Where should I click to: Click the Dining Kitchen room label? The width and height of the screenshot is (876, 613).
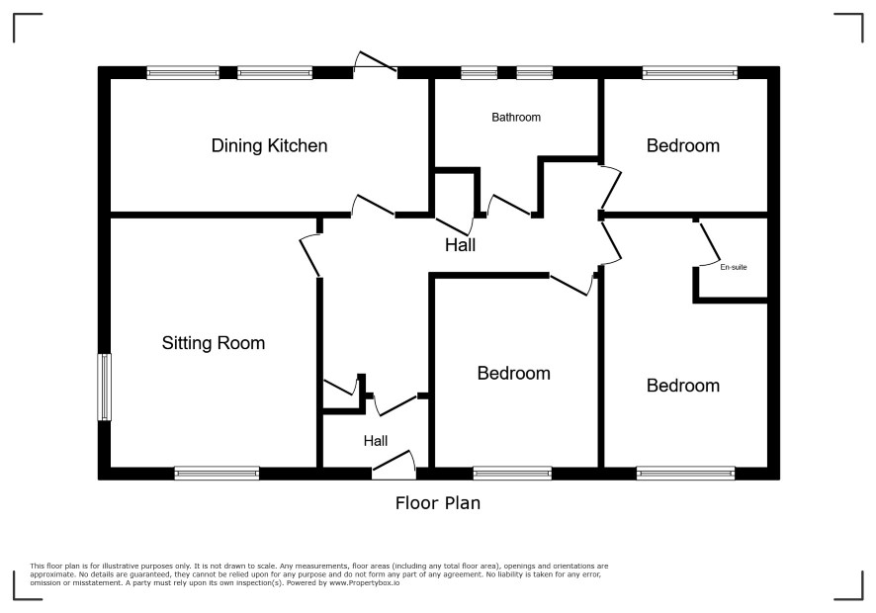click(269, 146)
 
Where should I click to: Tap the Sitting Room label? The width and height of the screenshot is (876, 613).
click(214, 342)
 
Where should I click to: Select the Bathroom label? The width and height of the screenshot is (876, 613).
click(516, 118)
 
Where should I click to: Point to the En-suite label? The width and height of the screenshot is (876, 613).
click(734, 267)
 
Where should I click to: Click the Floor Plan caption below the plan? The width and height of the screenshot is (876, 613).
click(438, 503)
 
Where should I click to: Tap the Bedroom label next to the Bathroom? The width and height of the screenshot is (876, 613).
click(682, 146)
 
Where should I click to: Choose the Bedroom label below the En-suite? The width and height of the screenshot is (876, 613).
click(682, 386)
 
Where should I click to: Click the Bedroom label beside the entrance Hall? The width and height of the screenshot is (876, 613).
click(513, 374)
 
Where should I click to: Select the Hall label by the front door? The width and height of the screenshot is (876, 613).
click(376, 441)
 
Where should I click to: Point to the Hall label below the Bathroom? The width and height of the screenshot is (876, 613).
click(461, 245)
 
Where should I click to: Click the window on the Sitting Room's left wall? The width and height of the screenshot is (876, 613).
click(105, 387)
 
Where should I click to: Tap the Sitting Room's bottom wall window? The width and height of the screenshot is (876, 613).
click(217, 474)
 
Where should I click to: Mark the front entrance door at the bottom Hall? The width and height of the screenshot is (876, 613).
click(394, 465)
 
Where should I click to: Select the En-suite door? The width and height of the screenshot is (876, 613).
click(709, 243)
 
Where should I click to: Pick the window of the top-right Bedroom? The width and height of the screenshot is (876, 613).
click(690, 72)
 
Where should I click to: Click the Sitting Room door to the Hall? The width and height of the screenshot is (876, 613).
click(309, 256)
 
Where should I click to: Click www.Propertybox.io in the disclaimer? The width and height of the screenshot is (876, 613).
click(364, 582)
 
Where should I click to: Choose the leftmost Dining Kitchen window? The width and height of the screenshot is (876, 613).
click(183, 72)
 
